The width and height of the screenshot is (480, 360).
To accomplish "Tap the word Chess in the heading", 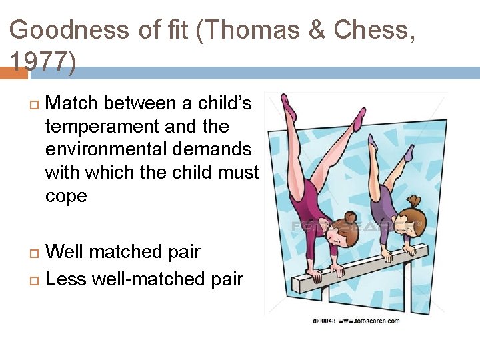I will [x=371, y=29].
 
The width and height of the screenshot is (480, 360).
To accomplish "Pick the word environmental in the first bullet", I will [x=101, y=149].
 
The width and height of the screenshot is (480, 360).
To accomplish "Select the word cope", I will [x=66, y=196].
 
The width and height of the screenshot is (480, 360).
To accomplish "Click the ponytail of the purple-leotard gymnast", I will [x=415, y=200].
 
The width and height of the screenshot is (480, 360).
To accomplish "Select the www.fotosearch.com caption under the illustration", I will [x=368, y=321].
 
